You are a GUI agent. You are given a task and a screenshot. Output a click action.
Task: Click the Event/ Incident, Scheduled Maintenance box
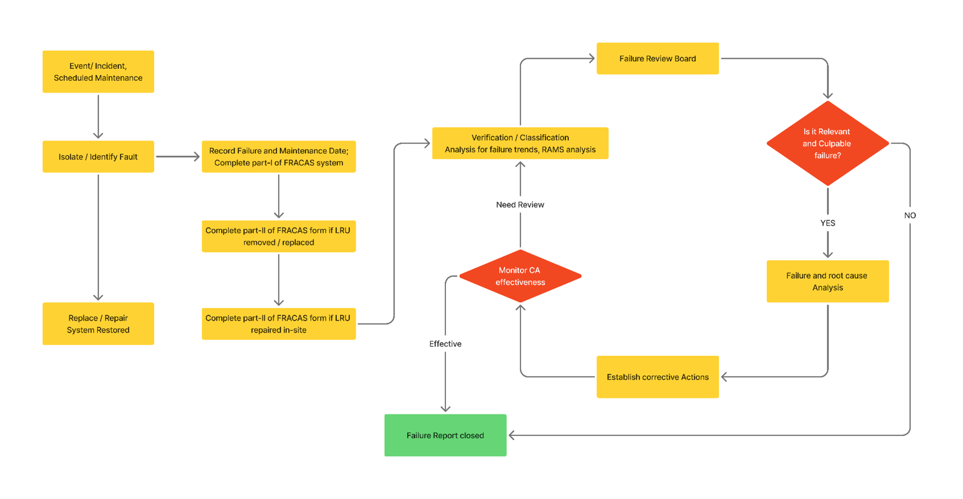[x=98, y=72]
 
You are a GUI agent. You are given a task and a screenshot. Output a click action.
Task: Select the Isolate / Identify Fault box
[x=98, y=156]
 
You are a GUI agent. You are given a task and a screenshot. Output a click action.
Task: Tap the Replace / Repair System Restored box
[x=98, y=323]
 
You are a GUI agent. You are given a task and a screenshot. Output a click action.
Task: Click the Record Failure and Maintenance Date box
[x=278, y=156]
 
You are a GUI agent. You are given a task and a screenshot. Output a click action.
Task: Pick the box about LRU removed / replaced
[x=278, y=236]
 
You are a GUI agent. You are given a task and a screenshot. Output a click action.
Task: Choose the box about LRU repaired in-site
[x=278, y=323]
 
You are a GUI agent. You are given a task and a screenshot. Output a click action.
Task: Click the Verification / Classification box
[x=520, y=143]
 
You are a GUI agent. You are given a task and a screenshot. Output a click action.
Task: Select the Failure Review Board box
[x=657, y=58]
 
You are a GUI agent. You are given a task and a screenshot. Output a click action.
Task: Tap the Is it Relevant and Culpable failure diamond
[x=827, y=143]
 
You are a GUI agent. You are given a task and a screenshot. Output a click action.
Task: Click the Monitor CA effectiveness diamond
[x=520, y=276]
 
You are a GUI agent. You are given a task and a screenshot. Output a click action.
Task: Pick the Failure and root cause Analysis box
[x=827, y=281]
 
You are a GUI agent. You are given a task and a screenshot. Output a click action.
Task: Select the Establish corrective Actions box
[x=657, y=377]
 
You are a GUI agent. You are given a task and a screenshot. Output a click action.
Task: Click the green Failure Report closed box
[x=445, y=435]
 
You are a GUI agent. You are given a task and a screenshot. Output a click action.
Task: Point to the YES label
[x=827, y=223]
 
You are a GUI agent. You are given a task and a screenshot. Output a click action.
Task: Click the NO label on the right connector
[x=910, y=215]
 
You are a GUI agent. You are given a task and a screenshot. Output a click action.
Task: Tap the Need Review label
[x=520, y=204]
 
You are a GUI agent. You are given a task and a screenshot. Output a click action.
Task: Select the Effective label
[x=445, y=343]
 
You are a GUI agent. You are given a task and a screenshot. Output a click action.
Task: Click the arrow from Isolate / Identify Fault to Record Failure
[x=177, y=156]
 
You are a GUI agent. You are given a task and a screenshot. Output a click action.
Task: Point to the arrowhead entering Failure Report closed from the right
[x=512, y=435]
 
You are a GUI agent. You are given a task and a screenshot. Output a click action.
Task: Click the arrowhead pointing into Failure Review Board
[x=592, y=58]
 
